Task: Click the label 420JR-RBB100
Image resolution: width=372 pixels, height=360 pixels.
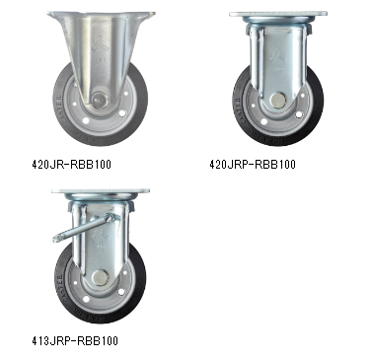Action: (x=71, y=164)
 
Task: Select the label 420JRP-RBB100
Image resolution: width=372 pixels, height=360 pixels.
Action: (x=253, y=164)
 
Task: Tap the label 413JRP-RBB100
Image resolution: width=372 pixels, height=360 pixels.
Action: (x=75, y=340)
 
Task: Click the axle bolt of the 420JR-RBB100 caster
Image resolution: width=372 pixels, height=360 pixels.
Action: (x=99, y=100)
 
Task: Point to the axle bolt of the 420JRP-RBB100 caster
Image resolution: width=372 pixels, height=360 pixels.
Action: (x=278, y=100)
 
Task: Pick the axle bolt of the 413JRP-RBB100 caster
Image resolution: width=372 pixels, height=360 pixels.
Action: (x=100, y=278)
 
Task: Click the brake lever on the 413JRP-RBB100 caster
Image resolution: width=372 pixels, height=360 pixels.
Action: (x=86, y=227)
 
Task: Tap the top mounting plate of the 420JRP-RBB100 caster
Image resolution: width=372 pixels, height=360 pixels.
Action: (x=278, y=14)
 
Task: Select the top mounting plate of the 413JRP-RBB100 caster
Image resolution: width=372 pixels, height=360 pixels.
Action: (x=101, y=191)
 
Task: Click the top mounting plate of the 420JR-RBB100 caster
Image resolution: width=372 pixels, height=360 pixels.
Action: (x=101, y=15)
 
